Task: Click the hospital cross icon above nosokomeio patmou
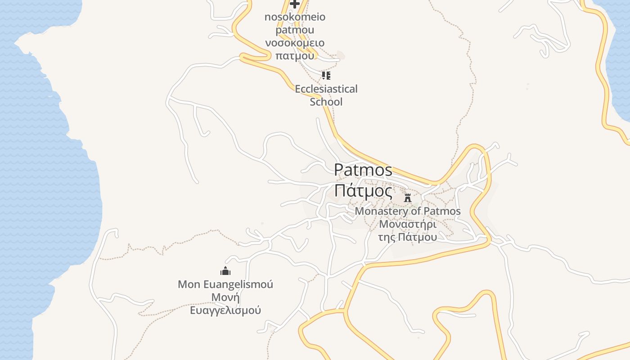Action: (x=295, y=4)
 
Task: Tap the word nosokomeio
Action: (x=295, y=17)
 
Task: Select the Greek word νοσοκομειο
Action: (x=295, y=43)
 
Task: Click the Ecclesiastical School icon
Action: (x=326, y=75)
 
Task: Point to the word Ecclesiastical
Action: (x=326, y=89)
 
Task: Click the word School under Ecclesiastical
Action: (x=326, y=102)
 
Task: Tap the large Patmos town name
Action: (x=363, y=170)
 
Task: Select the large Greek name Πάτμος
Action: (x=363, y=192)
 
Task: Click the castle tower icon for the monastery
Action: (x=408, y=198)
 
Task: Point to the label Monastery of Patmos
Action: (x=408, y=211)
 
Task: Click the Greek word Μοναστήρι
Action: (x=408, y=224)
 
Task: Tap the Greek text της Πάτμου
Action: (x=408, y=237)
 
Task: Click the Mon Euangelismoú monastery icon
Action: (x=225, y=271)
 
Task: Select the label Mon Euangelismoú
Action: (x=225, y=284)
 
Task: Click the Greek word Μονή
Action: (x=225, y=297)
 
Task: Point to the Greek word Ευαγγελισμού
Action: (x=225, y=310)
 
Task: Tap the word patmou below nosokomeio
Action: (x=295, y=30)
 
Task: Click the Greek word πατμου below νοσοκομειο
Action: (x=295, y=56)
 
